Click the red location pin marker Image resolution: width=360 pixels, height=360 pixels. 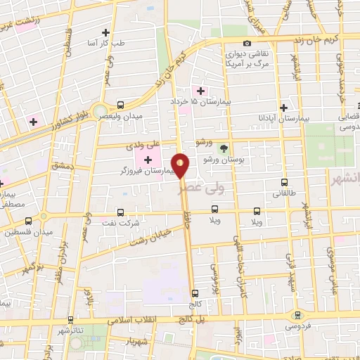click(x=181, y=166)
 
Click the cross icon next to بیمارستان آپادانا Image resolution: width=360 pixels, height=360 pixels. click(x=283, y=108)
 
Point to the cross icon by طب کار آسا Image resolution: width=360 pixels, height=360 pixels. click(x=105, y=32)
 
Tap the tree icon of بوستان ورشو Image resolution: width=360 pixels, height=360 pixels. click(x=224, y=148)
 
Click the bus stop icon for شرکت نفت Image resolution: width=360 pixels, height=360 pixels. click(x=120, y=212)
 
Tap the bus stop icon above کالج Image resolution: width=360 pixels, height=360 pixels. click(x=195, y=294)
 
